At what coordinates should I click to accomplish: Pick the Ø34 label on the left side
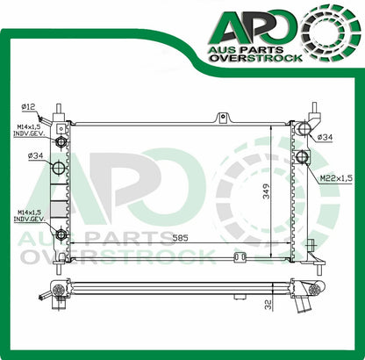pos(36,156)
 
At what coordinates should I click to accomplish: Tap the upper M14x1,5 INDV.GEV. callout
pos(29,132)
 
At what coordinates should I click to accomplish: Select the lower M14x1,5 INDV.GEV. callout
pos(29,216)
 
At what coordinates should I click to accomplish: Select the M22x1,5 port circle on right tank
pos(303,158)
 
